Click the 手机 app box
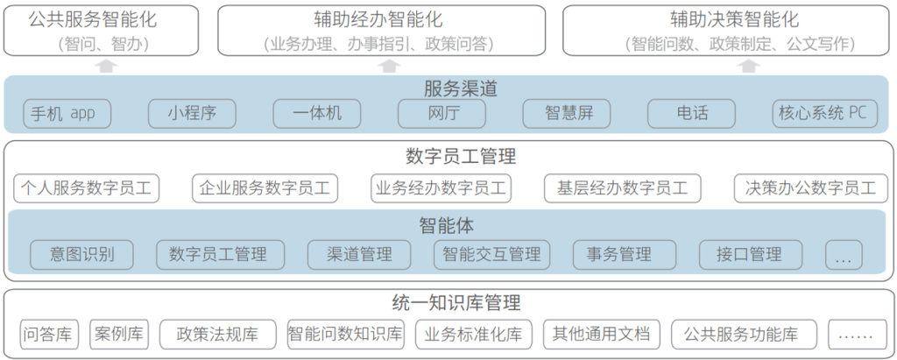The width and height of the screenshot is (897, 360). click(x=62, y=113)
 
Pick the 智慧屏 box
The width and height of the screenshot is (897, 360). click(x=566, y=113)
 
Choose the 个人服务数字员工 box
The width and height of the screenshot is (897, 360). click(x=87, y=188)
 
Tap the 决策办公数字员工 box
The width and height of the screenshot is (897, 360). click(x=809, y=188)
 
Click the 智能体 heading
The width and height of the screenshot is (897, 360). click(x=448, y=225)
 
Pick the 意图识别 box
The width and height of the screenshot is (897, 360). click(x=82, y=255)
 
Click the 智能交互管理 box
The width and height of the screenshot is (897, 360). click(x=491, y=255)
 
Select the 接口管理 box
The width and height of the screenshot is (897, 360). click(x=751, y=255)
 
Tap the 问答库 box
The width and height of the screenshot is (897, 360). click(x=48, y=334)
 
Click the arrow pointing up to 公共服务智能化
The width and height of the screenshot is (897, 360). click(x=105, y=66)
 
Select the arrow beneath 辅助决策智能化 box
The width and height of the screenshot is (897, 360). click(x=747, y=66)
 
